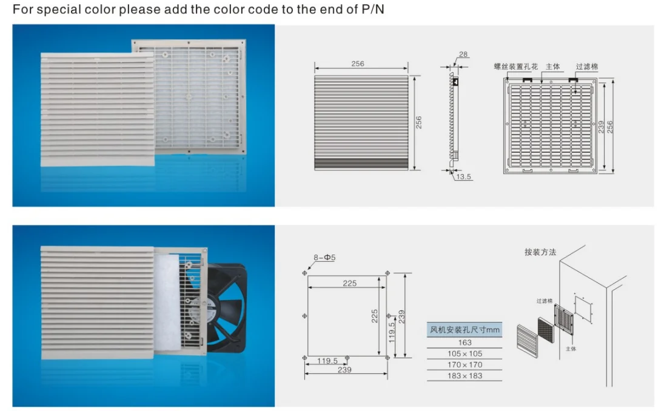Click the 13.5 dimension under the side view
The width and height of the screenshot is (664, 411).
click(x=464, y=177)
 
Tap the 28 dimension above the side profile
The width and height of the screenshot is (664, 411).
click(x=463, y=55)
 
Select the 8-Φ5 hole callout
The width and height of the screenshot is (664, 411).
click(x=324, y=258)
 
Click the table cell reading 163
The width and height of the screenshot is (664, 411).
click(x=464, y=343)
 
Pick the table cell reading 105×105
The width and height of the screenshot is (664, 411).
click(x=464, y=353)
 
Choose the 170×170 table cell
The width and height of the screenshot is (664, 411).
click(x=464, y=365)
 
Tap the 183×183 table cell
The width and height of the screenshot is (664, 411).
click(x=464, y=376)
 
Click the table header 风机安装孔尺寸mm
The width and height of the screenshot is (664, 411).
click(x=464, y=330)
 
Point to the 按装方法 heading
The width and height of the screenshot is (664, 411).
click(x=540, y=252)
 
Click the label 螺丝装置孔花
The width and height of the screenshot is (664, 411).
click(x=515, y=67)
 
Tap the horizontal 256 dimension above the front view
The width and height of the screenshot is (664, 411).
click(x=358, y=64)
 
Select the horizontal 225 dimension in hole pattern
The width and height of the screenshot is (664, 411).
click(x=350, y=283)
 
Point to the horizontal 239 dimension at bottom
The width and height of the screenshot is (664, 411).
click(x=344, y=370)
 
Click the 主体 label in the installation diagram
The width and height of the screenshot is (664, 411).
click(x=571, y=349)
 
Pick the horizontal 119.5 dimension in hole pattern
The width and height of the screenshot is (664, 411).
click(x=327, y=361)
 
